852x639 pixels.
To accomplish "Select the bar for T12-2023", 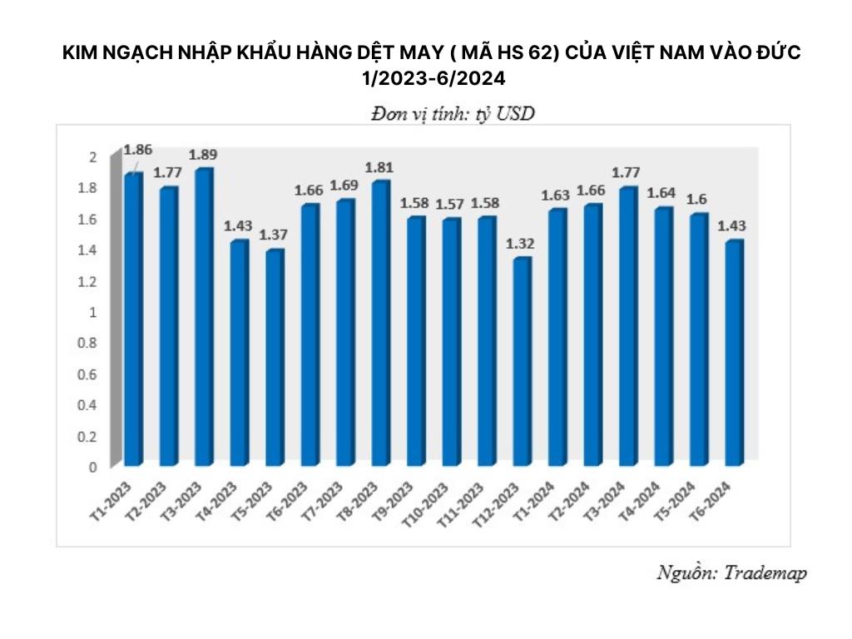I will pyautogui.click(x=522, y=362).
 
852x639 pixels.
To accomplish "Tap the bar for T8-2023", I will pyautogui.click(x=380, y=324).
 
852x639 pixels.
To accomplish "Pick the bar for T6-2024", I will pyautogui.click(x=734, y=353).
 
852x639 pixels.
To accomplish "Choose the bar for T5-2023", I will pyautogui.click(x=274, y=358).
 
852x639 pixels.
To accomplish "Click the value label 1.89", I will pyautogui.click(x=204, y=155).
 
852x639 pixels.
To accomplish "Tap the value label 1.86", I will pyautogui.click(x=137, y=150).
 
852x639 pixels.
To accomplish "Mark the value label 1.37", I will pyautogui.click(x=275, y=235).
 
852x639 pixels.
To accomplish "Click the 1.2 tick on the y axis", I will pyautogui.click(x=91, y=281).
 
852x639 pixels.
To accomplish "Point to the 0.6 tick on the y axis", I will pyautogui.click(x=91, y=374).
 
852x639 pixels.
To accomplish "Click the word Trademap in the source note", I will pyautogui.click(x=765, y=573).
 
